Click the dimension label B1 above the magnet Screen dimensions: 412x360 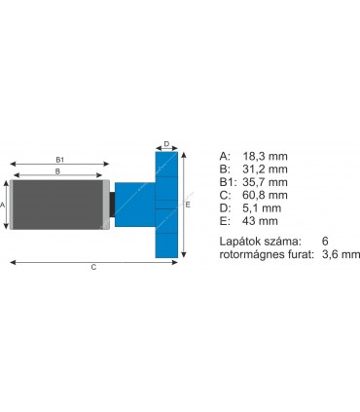pos(59,159)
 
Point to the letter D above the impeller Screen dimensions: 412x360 pos(166,144)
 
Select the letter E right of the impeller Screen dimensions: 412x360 pos(188,205)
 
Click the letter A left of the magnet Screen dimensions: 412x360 pos(4,205)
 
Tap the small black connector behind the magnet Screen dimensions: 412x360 pos(112,205)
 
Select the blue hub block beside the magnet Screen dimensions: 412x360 pos(131,205)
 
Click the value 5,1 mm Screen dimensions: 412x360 pos(264,207)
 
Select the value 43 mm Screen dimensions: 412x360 pos(262,221)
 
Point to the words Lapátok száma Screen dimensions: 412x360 pos(260,240)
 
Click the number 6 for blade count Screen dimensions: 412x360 pos(324,240)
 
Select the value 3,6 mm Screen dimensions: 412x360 pos(340,253)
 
